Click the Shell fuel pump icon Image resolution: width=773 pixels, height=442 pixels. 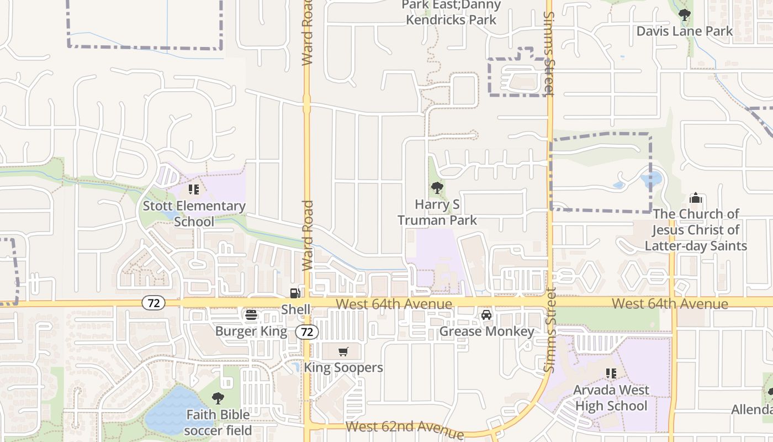tap(295, 293)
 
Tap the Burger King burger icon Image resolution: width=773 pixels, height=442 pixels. tap(251, 315)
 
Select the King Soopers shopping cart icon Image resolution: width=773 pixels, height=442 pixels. tap(343, 351)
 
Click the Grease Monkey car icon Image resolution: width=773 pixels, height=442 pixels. tap(486, 315)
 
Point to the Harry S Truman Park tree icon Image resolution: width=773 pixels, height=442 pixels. tap(437, 188)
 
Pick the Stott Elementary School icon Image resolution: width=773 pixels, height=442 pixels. tap(193, 190)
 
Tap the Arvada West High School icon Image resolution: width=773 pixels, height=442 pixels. tap(611, 373)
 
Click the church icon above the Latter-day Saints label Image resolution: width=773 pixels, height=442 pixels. tap(696, 198)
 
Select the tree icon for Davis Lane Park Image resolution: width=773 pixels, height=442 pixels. tap(685, 15)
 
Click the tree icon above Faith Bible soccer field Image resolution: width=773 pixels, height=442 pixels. tap(218, 398)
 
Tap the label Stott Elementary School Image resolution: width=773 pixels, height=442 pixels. tap(194, 214)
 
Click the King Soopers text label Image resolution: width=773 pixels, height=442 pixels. tap(343, 367)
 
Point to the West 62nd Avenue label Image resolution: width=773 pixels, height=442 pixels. tap(405, 429)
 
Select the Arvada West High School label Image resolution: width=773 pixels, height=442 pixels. tap(611, 398)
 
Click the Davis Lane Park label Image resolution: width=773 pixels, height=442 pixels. tap(685, 31)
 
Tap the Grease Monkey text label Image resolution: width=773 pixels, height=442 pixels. tap(486, 331)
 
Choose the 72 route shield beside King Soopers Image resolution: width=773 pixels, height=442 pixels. tap(307, 332)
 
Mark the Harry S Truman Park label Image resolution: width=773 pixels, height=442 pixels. tap(437, 212)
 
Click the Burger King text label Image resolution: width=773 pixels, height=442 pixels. tap(251, 331)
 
